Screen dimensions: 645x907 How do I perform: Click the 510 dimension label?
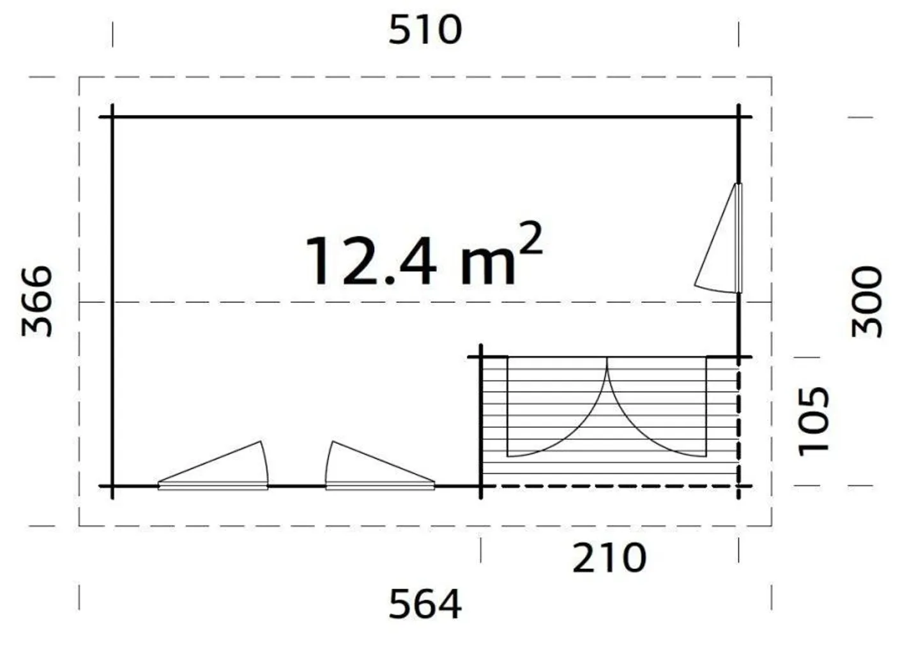tap(425, 31)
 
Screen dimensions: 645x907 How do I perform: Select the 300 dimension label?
tap(867, 302)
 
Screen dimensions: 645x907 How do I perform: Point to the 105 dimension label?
tap(814, 421)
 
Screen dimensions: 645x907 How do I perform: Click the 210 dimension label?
tap(609, 558)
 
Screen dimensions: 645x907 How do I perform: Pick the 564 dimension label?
tap(425, 604)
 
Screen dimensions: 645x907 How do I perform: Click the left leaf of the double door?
tap(557, 409)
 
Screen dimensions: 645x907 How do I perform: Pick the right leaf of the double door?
tap(657, 409)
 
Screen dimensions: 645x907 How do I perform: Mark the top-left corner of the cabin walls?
tap(113, 117)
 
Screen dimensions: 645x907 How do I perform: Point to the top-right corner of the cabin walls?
tap(739, 117)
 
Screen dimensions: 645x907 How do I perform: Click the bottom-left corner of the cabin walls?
tap(113, 487)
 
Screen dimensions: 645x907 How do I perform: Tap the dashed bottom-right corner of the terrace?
tap(739, 487)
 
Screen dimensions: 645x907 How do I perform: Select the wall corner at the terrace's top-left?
tap(481, 357)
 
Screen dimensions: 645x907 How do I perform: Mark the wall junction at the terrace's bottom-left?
tap(481, 487)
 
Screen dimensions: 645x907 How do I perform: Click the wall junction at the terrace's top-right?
tap(739, 357)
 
